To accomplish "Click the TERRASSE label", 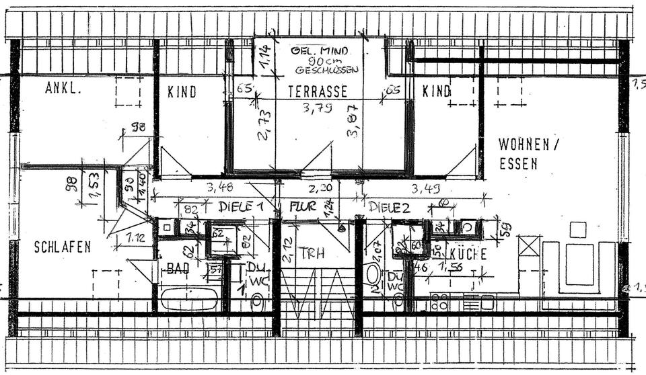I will (x=318, y=91).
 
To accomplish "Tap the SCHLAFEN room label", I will (x=63, y=247).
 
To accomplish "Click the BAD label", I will (x=178, y=268).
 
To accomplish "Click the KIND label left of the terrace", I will (x=182, y=91).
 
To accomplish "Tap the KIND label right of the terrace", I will (x=437, y=91).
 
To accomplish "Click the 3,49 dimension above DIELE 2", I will (x=425, y=187).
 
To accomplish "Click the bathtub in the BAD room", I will (x=189, y=298).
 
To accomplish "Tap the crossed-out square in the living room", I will (x=529, y=245).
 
